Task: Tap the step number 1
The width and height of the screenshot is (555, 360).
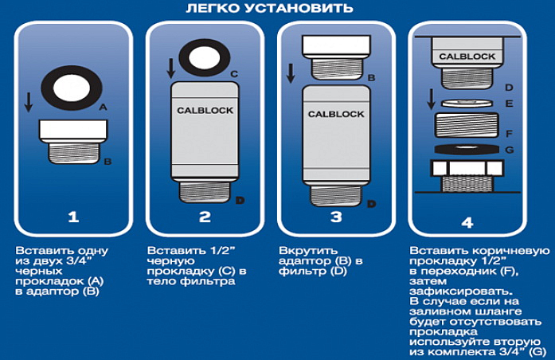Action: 72,216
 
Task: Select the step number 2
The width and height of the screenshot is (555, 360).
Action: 204,216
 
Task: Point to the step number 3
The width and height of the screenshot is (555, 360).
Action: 335,216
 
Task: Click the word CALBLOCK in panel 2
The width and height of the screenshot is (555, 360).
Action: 205,110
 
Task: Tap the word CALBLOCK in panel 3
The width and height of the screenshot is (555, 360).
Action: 335,115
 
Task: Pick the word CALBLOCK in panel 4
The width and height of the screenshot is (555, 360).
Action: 467,57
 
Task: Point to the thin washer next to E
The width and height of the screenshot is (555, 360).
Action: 467,103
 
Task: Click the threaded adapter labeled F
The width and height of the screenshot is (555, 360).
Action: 467,127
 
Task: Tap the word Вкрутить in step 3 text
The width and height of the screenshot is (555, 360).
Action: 299,251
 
